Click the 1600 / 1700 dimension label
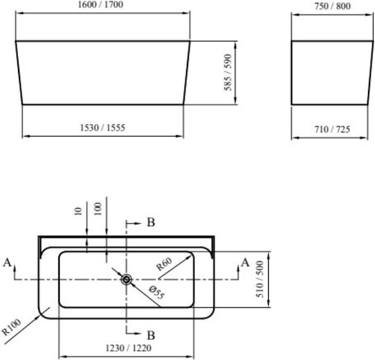point(101,5)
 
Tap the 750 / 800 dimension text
point(333,6)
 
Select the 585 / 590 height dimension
point(228,72)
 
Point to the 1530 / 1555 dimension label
point(103,128)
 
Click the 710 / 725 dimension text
point(332,129)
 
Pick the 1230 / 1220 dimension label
point(128,348)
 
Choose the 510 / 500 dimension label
point(260,279)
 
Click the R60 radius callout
point(164,264)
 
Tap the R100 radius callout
point(11,327)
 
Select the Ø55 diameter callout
point(157,293)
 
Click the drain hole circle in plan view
point(126,280)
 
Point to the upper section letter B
point(151,222)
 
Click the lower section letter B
point(151,336)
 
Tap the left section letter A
point(8,262)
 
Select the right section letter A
point(245,262)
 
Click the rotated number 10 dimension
point(78,211)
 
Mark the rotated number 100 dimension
point(98,209)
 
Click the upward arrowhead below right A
point(238,268)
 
